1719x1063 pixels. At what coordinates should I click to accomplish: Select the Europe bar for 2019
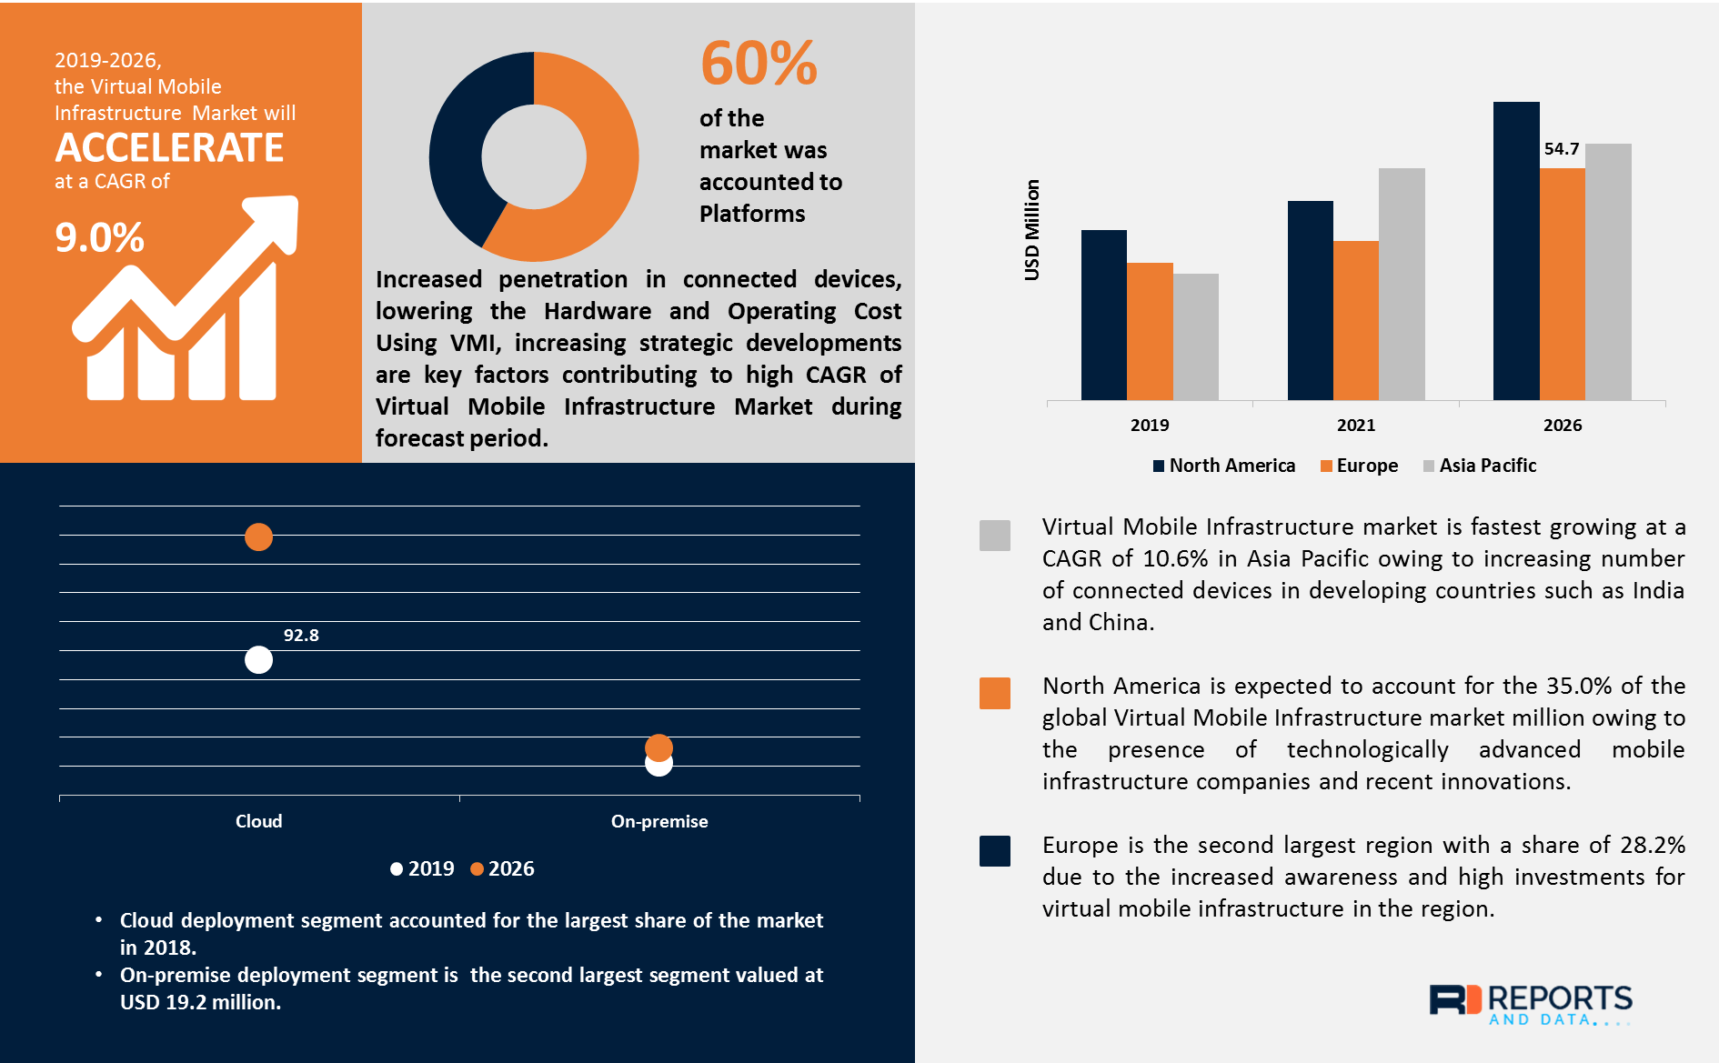[x=1150, y=331]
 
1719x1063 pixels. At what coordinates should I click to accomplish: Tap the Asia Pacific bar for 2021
[x=1401, y=284]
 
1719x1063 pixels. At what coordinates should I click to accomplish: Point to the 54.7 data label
[x=1562, y=149]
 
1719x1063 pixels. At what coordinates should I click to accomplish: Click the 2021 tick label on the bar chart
[x=1356, y=425]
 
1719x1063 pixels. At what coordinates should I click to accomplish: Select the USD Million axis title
[x=1031, y=230]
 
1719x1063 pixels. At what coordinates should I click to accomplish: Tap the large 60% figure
[x=759, y=64]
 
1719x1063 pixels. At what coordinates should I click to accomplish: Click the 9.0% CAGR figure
[x=99, y=238]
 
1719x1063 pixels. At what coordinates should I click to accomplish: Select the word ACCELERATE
[x=169, y=148]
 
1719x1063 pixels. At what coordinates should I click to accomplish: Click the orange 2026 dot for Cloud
[x=258, y=537]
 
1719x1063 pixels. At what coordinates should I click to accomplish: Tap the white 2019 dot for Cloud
[x=258, y=660]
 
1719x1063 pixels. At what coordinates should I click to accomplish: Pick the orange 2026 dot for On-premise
[x=658, y=747]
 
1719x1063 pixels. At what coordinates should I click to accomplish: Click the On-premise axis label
[x=658, y=821]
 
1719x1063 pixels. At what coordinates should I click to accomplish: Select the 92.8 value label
[x=301, y=636]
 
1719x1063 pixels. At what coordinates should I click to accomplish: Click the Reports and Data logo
[x=1530, y=1004]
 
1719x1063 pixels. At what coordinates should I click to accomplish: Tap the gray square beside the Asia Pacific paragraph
[x=994, y=536]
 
